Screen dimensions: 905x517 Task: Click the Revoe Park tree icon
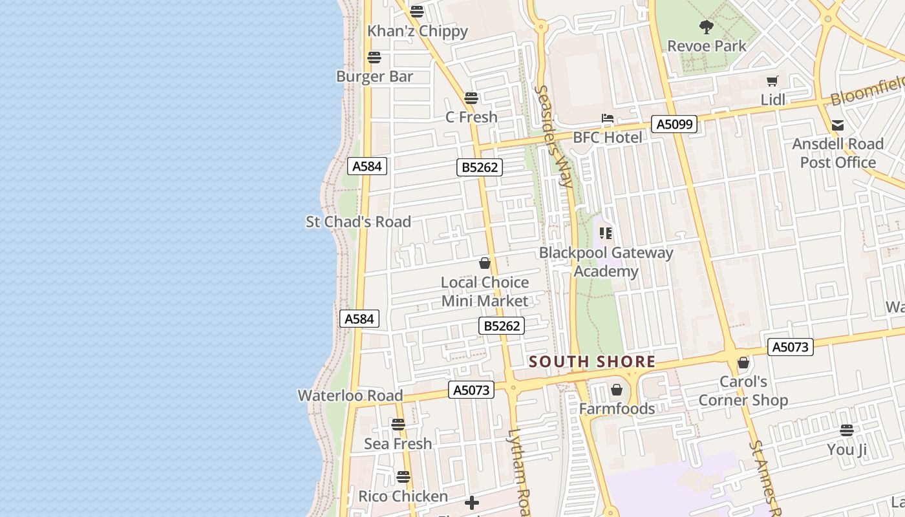(707, 27)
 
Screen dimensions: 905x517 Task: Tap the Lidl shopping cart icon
(772, 81)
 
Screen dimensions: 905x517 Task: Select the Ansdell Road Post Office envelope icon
(838, 125)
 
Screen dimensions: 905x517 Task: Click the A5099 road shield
(674, 124)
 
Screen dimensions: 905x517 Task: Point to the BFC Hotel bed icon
(608, 118)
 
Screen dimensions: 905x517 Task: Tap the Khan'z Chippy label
(417, 31)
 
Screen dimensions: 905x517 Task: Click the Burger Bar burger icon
(374, 57)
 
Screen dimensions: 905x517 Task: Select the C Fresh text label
(471, 117)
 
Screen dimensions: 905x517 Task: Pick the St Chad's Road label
(358, 222)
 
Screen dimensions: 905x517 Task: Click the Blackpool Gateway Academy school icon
(606, 233)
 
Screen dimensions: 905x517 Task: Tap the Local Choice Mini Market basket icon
(485, 263)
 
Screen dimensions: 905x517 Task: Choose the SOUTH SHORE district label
(592, 362)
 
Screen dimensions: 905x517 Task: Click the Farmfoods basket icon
(617, 390)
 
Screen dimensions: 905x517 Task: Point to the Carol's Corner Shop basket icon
(743, 363)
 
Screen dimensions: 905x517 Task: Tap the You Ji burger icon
(847, 430)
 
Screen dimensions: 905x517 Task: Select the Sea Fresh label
(398, 444)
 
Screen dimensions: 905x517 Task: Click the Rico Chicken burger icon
(403, 477)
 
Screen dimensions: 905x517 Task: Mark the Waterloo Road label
(350, 396)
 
